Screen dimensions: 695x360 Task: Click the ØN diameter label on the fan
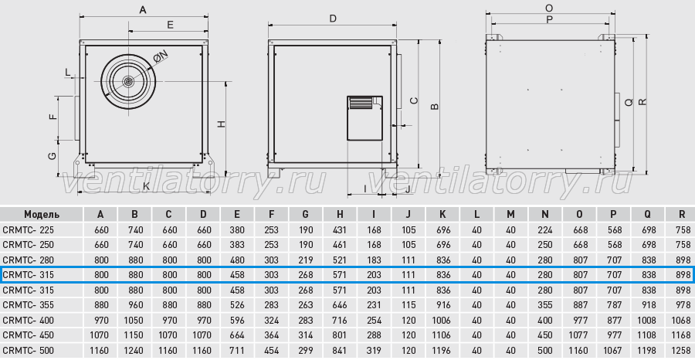[161, 56]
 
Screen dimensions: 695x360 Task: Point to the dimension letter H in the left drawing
[222, 124]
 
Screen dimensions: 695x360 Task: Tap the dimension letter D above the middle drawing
[333, 19]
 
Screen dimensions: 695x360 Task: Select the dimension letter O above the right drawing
[549, 8]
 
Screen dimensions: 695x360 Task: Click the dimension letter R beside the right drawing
[643, 102]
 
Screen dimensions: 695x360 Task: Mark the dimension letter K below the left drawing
[146, 186]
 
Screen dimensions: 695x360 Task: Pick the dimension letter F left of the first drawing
[53, 117]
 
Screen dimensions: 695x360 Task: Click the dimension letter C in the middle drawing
[414, 100]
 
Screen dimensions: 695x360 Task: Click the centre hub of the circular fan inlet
[128, 82]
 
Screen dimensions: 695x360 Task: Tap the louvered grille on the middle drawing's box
[361, 103]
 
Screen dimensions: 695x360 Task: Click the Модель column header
[42, 215]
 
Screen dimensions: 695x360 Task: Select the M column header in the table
[510, 215]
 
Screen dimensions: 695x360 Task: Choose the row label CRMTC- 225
[29, 230]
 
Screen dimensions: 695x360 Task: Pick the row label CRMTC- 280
[29, 260]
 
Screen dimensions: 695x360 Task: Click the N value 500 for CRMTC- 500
[544, 350]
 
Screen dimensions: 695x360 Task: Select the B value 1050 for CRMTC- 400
[134, 320]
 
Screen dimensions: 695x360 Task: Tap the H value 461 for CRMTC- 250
[340, 245]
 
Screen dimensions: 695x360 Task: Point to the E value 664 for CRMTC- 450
[237, 335]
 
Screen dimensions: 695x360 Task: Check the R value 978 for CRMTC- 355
[682, 305]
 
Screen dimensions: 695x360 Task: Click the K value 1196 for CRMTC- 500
[442, 350]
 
